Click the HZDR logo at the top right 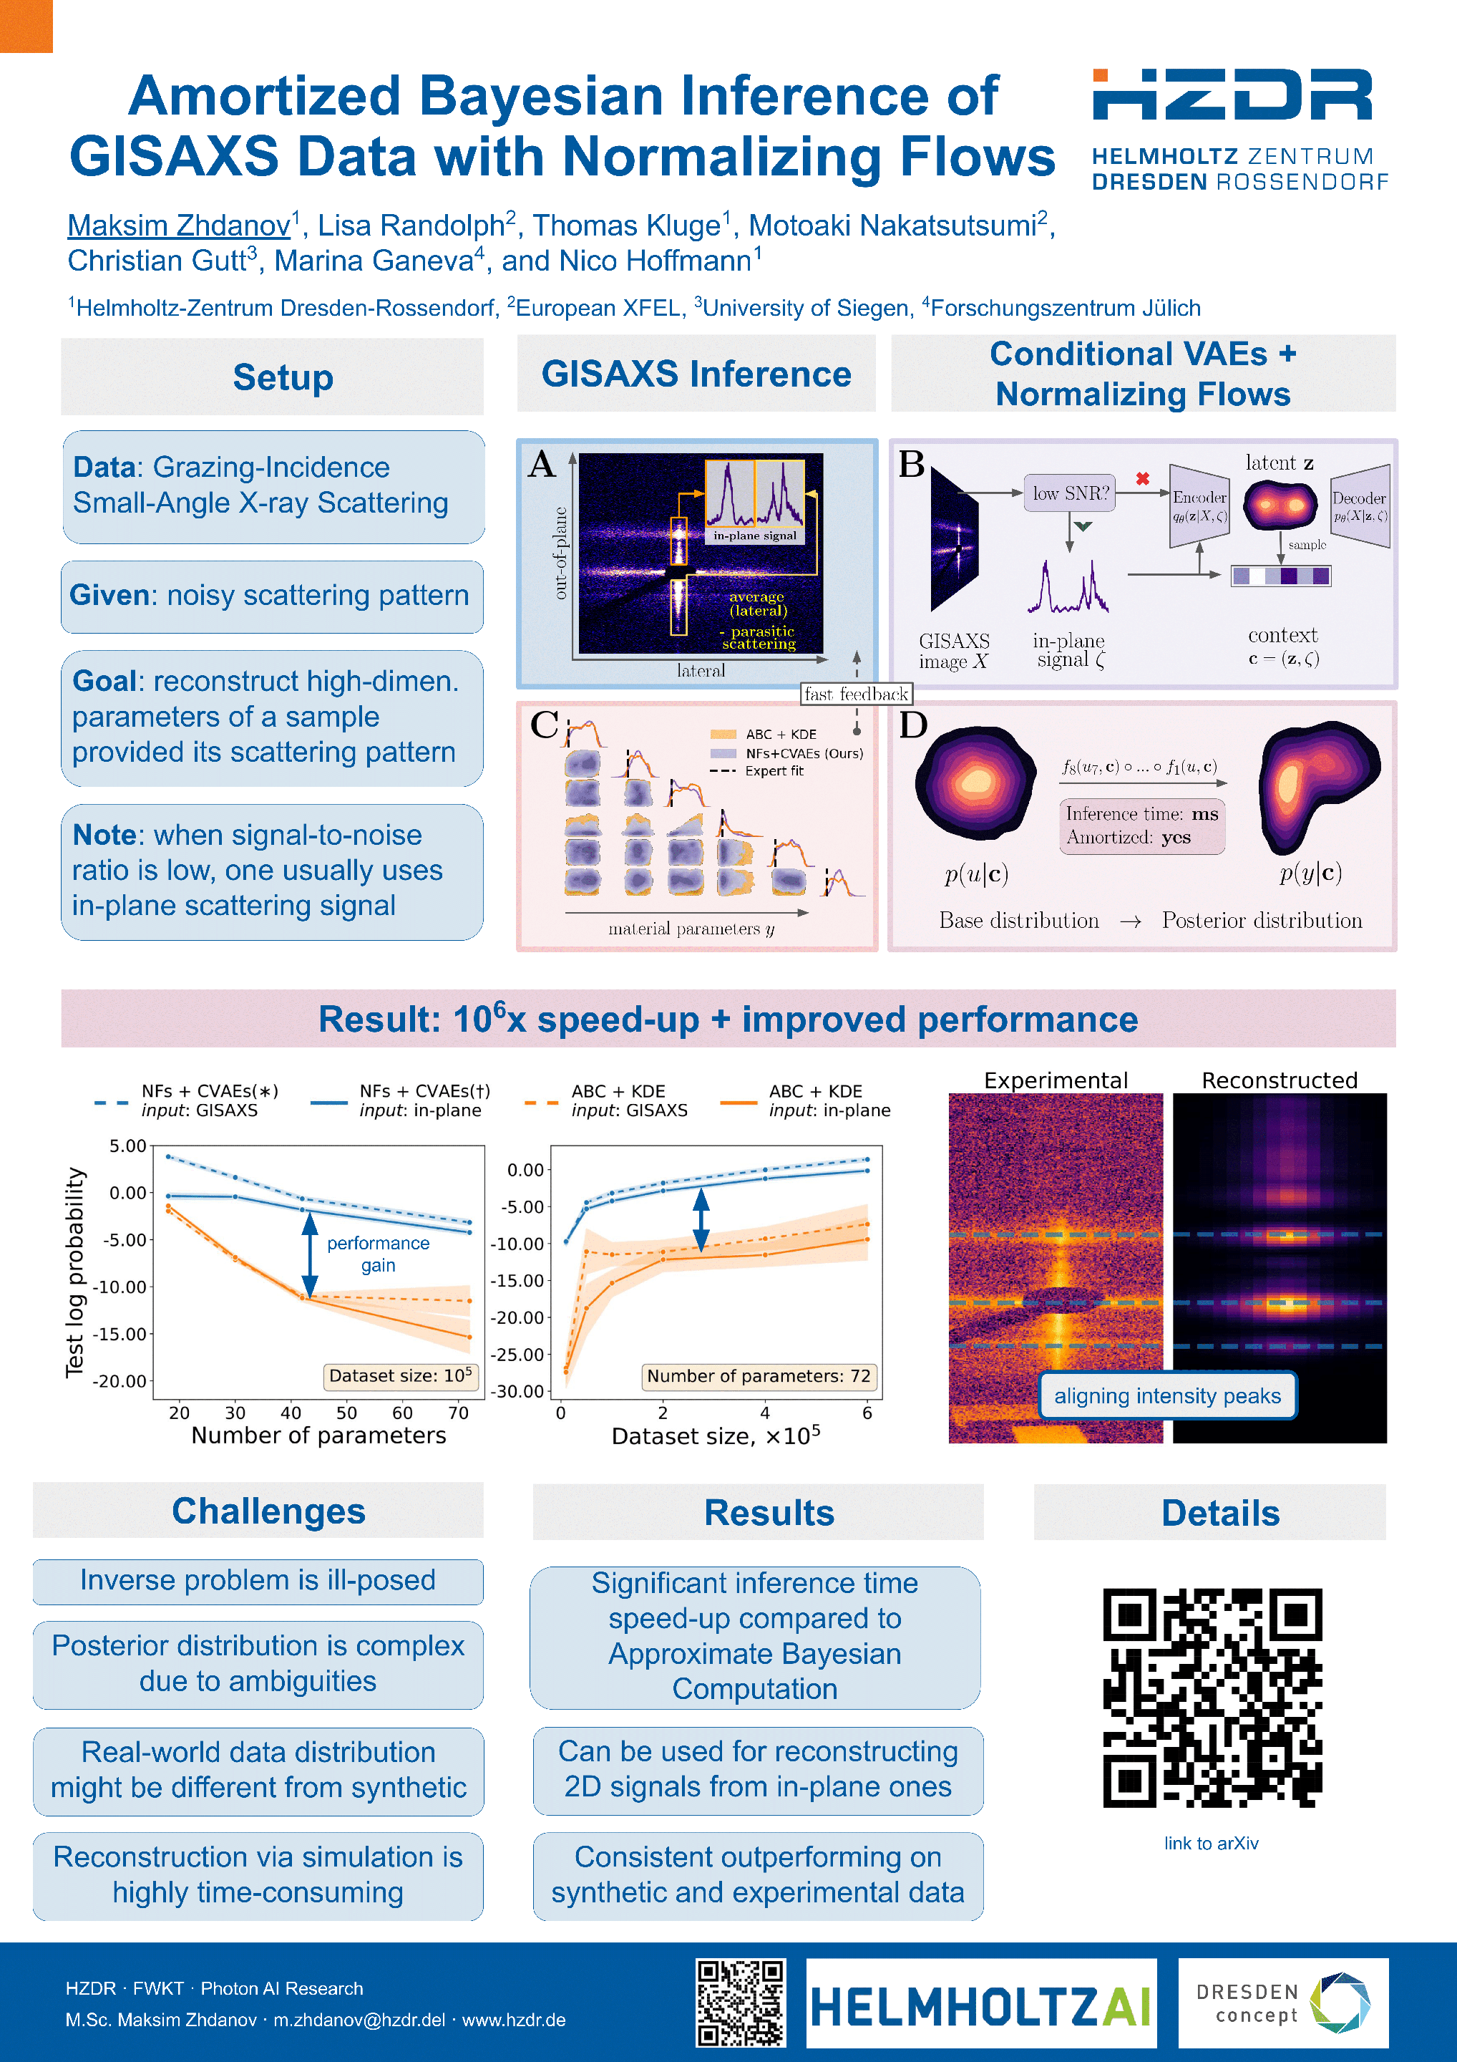pyautogui.click(x=1239, y=128)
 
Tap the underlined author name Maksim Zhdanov pyautogui.click(x=180, y=226)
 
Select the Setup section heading pyautogui.click(x=283, y=377)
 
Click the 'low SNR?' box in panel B pyautogui.click(x=1070, y=493)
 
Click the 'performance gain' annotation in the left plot pyautogui.click(x=378, y=1254)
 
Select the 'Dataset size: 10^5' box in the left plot pyautogui.click(x=400, y=1376)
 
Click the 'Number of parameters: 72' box pyautogui.click(x=759, y=1376)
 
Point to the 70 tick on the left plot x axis pyautogui.click(x=458, y=1413)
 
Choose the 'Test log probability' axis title pyautogui.click(x=74, y=1272)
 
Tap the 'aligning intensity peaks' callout pyautogui.click(x=1167, y=1395)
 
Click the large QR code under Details pyautogui.click(x=1212, y=1698)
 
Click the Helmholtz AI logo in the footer pyautogui.click(x=980, y=2005)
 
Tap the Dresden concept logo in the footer pyautogui.click(x=1283, y=2003)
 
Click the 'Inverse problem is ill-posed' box pyautogui.click(x=258, y=1581)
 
